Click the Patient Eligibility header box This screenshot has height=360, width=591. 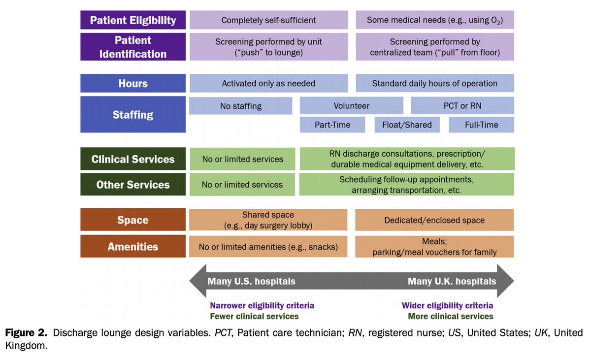tap(133, 20)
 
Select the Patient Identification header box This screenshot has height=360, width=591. tap(133, 47)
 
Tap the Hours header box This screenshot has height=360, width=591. tap(133, 83)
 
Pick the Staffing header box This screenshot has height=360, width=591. tap(133, 115)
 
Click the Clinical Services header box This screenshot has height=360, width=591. tap(133, 159)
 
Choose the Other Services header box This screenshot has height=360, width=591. tap(133, 185)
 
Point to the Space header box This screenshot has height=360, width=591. tap(133, 220)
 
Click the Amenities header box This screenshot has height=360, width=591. tap(133, 247)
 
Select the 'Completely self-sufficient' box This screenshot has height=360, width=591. tap(268, 20)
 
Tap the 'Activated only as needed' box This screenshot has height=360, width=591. tap(268, 83)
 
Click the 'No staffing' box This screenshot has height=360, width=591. tap(241, 106)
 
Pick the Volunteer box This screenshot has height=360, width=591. tap(351, 106)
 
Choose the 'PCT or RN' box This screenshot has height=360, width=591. tap(462, 106)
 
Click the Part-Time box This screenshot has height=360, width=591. tap(332, 125)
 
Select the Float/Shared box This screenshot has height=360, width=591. tap(407, 125)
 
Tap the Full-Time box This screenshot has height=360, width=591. tap(481, 125)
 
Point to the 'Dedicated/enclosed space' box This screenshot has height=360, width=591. tap(434, 220)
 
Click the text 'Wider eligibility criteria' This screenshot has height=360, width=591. tap(447, 305)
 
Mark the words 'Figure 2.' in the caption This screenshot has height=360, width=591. tap(27, 333)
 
